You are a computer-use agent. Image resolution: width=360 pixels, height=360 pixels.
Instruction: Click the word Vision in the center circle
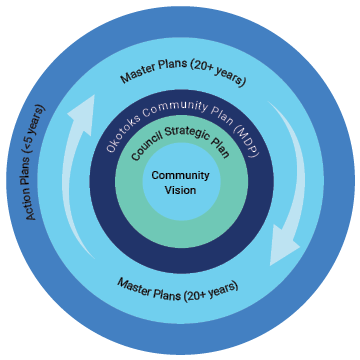click(x=180, y=190)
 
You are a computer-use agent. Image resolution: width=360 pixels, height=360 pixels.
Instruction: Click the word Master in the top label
click(x=138, y=76)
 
